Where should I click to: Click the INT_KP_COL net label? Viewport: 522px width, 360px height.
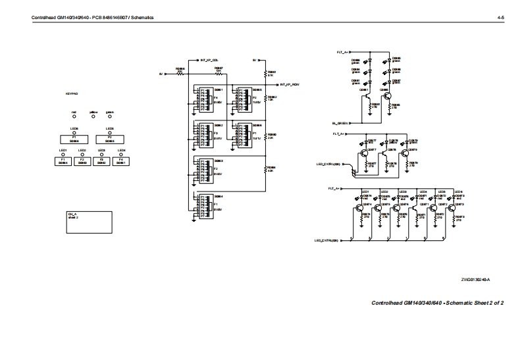(209, 60)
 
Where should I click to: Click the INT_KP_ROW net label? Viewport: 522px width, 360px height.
(290, 85)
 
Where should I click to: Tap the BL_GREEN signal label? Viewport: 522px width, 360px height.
(339, 123)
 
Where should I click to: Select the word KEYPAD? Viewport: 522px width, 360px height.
(72, 95)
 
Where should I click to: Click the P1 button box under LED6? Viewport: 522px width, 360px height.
(74, 139)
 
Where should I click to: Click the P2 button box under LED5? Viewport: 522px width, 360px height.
(111, 139)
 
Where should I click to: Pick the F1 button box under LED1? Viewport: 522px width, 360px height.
(63, 161)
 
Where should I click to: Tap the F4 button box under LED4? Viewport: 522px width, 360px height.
(121, 161)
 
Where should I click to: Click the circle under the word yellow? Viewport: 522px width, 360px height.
(92, 116)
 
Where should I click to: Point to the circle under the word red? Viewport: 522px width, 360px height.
(74, 116)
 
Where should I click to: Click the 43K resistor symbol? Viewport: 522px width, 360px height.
(265, 169)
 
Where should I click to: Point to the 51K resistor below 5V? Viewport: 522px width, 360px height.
(265, 74)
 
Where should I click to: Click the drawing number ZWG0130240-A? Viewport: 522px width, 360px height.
(475, 280)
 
